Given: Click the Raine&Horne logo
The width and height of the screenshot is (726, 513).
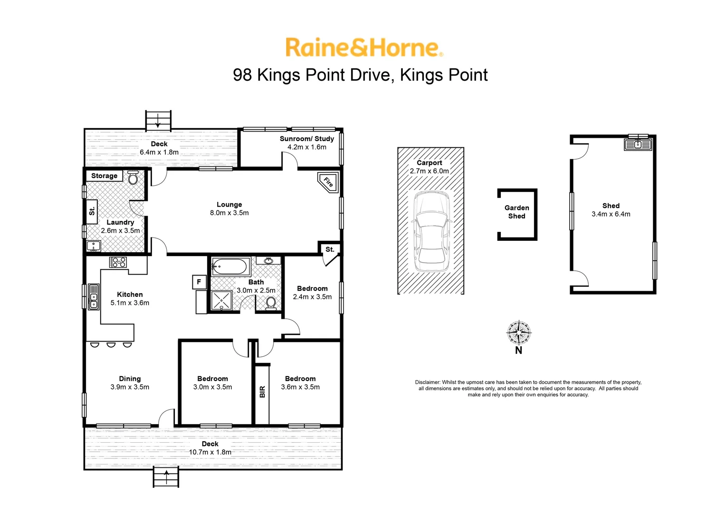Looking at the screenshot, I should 364,48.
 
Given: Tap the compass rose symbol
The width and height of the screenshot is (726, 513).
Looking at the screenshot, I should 518,332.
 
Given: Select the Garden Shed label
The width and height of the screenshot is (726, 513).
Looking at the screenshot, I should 517,212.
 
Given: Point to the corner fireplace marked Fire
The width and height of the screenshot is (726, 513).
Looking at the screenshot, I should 328,181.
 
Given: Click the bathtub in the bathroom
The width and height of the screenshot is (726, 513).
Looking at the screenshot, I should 230,267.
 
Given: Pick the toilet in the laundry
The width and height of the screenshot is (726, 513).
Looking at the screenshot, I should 133,178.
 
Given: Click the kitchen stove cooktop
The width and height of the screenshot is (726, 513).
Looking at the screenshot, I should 118,262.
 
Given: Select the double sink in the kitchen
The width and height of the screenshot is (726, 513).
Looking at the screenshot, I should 93,297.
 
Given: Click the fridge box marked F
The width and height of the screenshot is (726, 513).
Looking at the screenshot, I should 199,282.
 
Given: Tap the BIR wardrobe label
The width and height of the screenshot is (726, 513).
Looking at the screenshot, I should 262,392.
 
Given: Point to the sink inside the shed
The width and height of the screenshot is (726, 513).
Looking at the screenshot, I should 638,144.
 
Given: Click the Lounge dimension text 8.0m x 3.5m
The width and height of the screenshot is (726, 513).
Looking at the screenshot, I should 229,213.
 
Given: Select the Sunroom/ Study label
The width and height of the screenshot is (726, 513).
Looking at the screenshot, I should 306,139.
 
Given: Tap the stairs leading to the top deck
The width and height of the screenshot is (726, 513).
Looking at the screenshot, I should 158,120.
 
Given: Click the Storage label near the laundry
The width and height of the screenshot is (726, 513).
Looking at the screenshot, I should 104,176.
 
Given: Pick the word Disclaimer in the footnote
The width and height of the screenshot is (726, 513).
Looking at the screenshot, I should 427,382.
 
